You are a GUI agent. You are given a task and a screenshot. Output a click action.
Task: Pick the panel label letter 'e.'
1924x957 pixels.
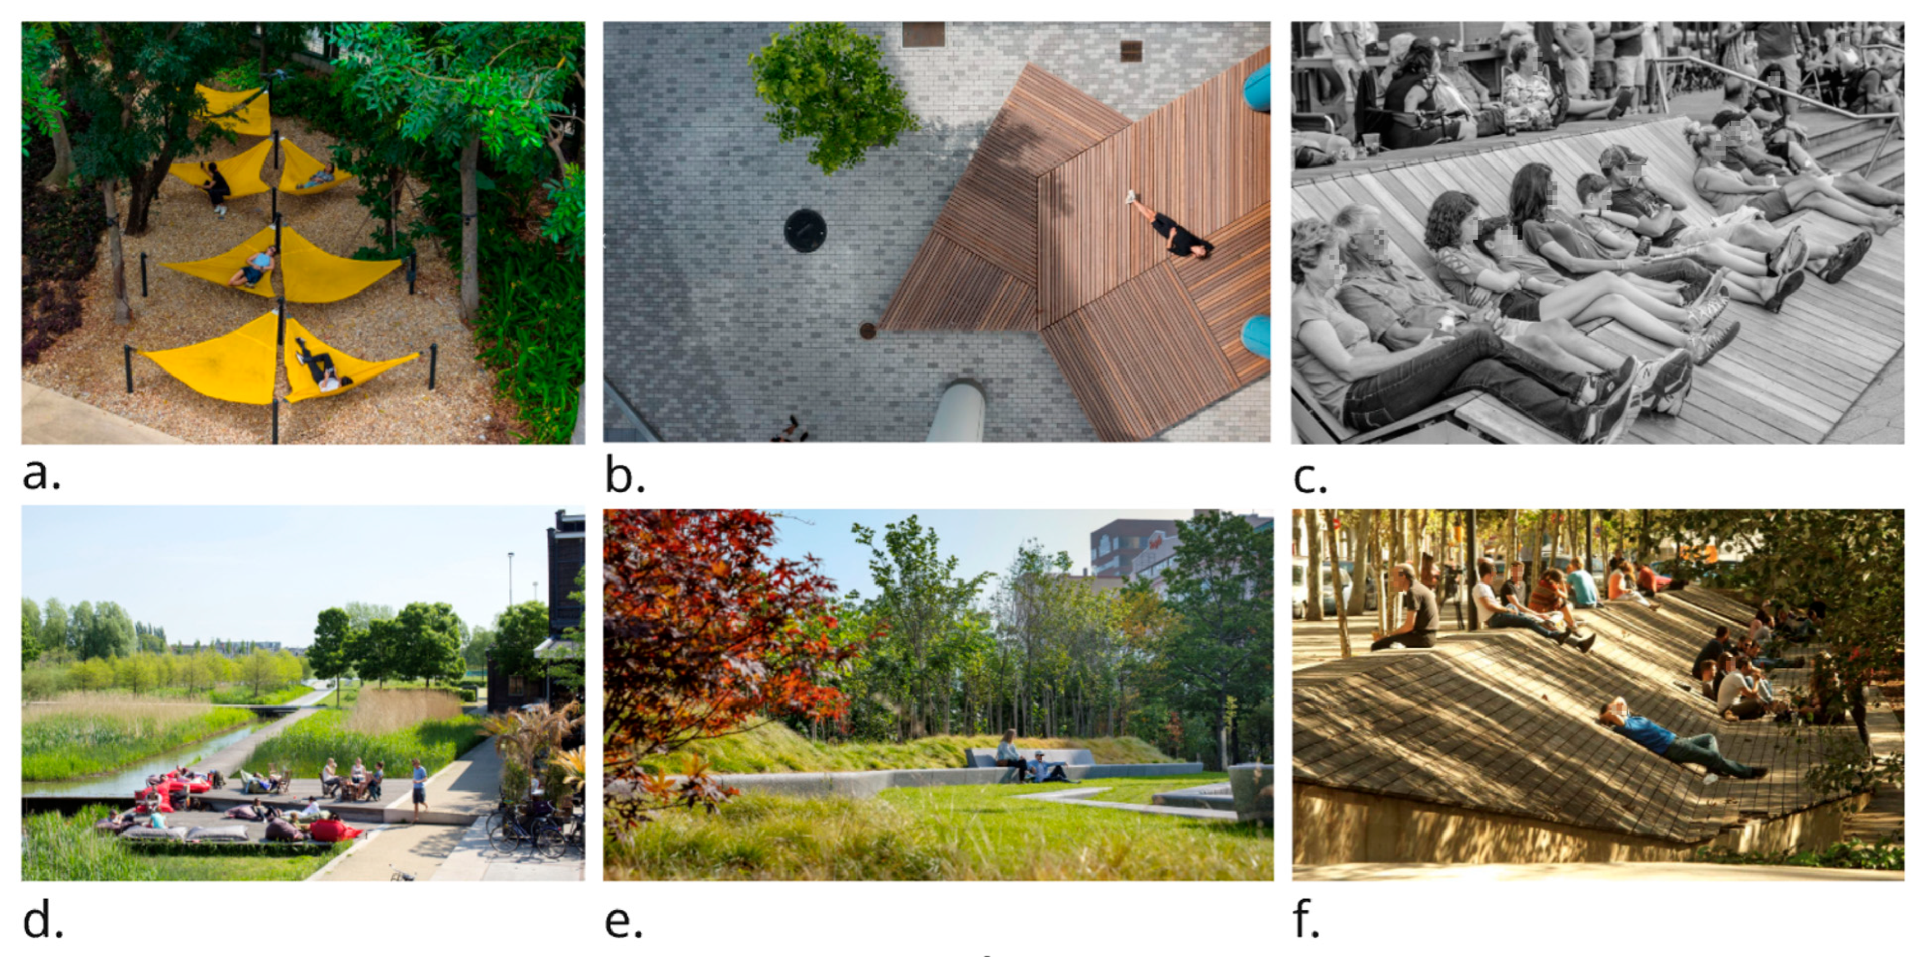[x=624, y=923]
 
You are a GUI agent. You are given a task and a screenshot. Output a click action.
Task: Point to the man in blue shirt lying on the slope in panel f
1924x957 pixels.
[x=1681, y=740]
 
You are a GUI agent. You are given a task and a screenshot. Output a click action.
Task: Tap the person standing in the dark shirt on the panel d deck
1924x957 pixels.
[x=419, y=789]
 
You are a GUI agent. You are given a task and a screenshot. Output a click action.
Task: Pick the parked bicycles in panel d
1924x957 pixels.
[x=534, y=829]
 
